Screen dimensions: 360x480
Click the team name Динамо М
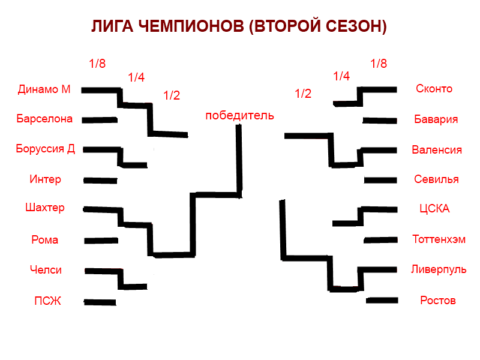coord(44,89)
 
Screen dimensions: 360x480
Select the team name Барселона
coord(44,119)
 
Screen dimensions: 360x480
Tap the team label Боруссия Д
coord(46,149)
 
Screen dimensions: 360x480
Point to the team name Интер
coord(45,179)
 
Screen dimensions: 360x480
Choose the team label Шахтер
coord(45,208)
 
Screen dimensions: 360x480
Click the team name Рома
coord(44,240)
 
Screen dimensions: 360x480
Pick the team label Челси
coord(46,270)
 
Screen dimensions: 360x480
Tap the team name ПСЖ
coord(47,301)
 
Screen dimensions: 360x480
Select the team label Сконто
coord(434,89)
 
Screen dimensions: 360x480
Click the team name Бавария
coord(436,119)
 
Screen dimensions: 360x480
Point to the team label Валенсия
coord(437,149)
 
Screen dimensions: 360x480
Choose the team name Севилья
coord(436,179)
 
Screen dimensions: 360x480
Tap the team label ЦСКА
coord(434,209)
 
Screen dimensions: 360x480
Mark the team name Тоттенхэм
coord(439,239)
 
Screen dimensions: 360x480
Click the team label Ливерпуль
coord(439,269)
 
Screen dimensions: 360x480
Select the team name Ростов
coord(437,300)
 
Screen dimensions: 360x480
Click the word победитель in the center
coord(239,115)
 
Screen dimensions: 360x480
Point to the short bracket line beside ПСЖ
coord(100,302)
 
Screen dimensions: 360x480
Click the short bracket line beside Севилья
coord(380,180)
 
